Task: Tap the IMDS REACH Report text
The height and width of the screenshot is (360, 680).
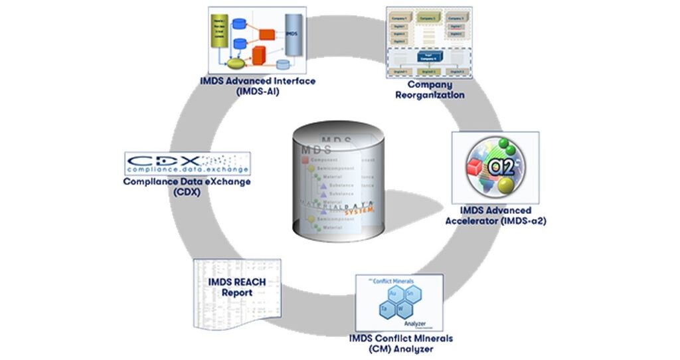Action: coord(237,286)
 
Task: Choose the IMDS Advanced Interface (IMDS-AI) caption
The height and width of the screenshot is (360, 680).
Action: coord(257,86)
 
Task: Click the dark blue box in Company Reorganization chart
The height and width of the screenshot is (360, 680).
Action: coord(426,57)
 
